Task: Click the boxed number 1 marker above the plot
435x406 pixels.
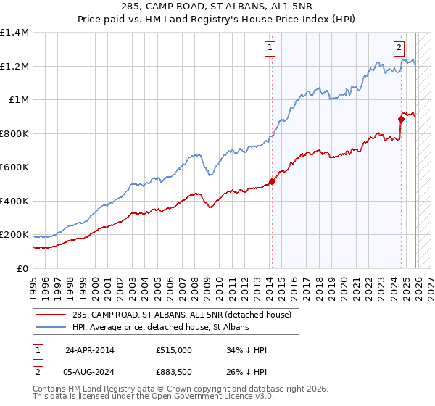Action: (270, 49)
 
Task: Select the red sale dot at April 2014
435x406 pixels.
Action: (272, 182)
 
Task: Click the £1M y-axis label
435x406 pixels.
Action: (19, 100)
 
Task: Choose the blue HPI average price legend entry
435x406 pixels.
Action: (160, 328)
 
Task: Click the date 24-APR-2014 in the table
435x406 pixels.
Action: (91, 350)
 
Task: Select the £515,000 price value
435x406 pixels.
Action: (173, 350)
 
